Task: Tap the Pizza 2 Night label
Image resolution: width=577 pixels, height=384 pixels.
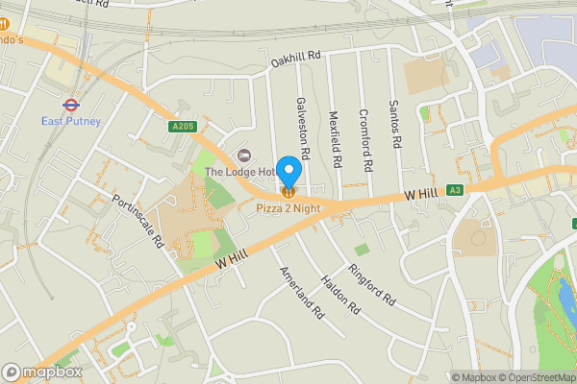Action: point(289,206)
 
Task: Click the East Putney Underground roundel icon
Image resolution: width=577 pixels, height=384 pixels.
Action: point(69,104)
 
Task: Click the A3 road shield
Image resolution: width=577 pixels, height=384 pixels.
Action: point(456,190)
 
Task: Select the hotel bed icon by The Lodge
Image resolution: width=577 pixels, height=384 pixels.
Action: point(242,155)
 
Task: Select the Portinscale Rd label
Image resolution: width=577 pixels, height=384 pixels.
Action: point(137,221)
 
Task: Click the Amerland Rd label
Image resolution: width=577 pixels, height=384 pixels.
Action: point(298,286)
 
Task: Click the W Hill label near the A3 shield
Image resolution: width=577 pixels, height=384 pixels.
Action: point(422,194)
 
